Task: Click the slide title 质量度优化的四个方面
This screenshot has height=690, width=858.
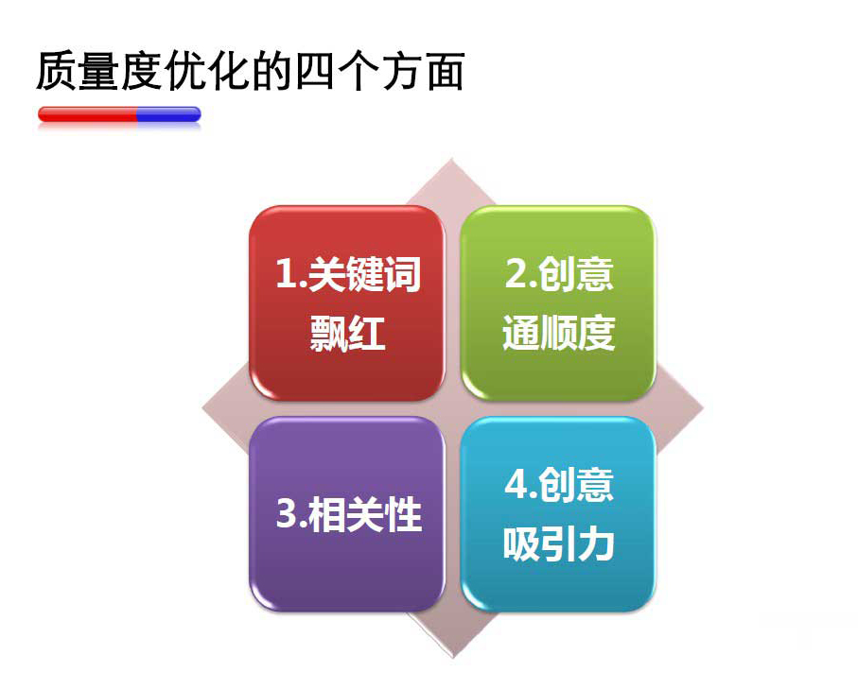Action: point(251,71)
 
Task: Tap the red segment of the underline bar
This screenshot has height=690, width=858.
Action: point(87,114)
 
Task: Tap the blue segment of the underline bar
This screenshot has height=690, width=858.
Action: point(169,114)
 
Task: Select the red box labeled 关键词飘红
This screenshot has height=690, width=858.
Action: point(347,302)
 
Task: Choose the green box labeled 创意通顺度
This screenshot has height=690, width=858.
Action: point(558,302)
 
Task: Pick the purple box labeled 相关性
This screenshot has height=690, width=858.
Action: point(347,514)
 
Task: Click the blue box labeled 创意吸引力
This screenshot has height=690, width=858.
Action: point(558,514)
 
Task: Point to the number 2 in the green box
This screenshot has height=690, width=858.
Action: point(516,273)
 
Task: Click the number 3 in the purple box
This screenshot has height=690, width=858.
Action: point(287,513)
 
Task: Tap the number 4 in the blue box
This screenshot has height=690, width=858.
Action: point(516,484)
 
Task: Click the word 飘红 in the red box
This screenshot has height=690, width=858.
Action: point(347,333)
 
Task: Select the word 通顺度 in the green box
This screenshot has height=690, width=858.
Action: point(559,333)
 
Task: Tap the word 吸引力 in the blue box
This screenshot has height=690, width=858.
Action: point(559,543)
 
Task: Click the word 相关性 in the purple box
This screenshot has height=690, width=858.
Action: point(365,514)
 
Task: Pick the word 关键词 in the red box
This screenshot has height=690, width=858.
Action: point(364,273)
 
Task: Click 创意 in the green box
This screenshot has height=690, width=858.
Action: point(576,273)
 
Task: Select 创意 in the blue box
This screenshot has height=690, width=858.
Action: point(576,485)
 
